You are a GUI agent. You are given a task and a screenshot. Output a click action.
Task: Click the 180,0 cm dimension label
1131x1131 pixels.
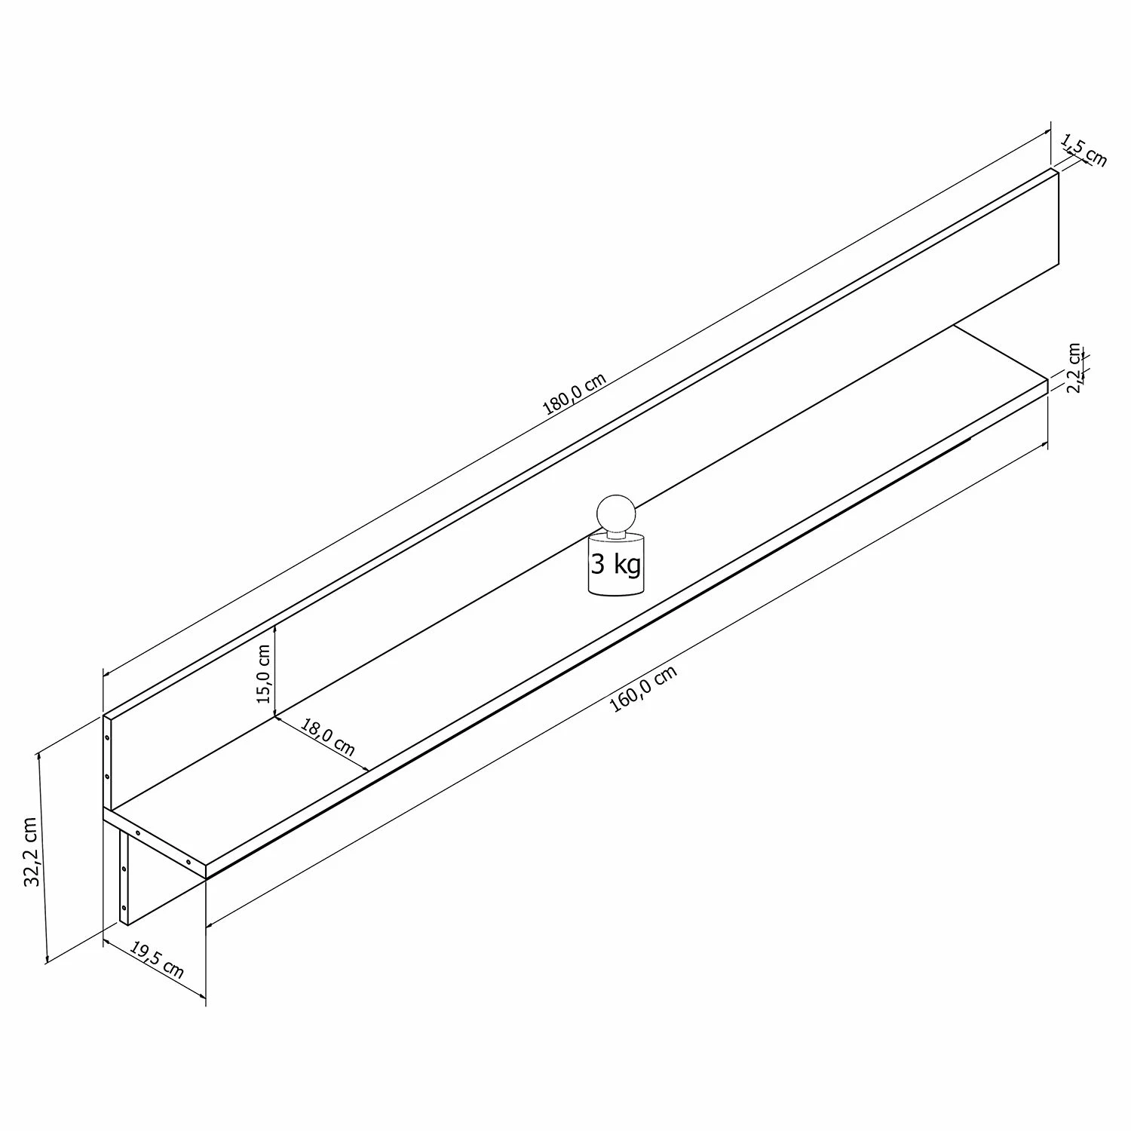[575, 394]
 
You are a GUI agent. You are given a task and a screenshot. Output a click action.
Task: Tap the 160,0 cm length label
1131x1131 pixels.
[643, 689]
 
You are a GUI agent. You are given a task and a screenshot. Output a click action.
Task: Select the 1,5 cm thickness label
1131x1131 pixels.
[1083, 150]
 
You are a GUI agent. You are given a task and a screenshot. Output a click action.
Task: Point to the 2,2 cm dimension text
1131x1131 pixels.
[1074, 368]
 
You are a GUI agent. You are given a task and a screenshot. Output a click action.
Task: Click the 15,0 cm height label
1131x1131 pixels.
[263, 673]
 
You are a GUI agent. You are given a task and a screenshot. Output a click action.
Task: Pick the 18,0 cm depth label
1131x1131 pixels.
[328, 737]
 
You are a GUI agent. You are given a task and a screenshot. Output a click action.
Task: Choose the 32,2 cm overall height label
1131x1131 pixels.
[31, 851]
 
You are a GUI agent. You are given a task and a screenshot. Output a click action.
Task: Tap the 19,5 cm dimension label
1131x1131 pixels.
[157, 959]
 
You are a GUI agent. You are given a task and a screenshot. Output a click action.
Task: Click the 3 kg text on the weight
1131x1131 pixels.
[616, 564]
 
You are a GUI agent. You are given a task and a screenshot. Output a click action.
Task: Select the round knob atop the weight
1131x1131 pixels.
[616, 513]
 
